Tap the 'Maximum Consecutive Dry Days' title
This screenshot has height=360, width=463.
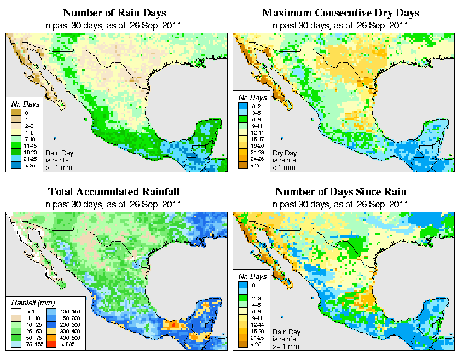tap(340, 13)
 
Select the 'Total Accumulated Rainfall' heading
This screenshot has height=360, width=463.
tap(113, 192)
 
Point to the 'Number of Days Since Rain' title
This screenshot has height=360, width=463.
tap(340, 192)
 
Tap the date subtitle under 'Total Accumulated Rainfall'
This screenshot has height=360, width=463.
tap(113, 204)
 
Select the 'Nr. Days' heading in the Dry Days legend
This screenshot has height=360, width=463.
tap(250, 104)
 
